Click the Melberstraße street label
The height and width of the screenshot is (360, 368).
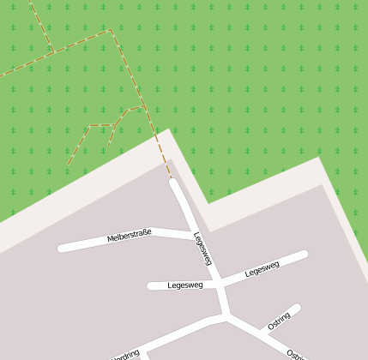click(x=130, y=234)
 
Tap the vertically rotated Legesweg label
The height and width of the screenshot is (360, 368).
click(x=202, y=249)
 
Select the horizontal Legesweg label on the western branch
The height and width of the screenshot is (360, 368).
click(x=185, y=285)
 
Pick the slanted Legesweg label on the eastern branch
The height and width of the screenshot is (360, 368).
click(x=262, y=269)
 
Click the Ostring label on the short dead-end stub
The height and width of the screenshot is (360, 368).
click(x=280, y=321)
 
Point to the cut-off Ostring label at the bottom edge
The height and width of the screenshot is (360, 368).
click(x=294, y=354)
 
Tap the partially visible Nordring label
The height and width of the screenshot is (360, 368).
click(x=125, y=354)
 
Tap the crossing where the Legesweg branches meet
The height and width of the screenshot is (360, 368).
click(x=219, y=283)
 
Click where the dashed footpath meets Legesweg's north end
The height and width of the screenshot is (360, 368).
click(x=172, y=180)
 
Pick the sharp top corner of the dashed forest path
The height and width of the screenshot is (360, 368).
click(x=110, y=30)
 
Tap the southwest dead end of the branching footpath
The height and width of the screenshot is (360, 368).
click(x=69, y=164)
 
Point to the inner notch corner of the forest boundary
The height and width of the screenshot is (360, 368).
click(x=208, y=203)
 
